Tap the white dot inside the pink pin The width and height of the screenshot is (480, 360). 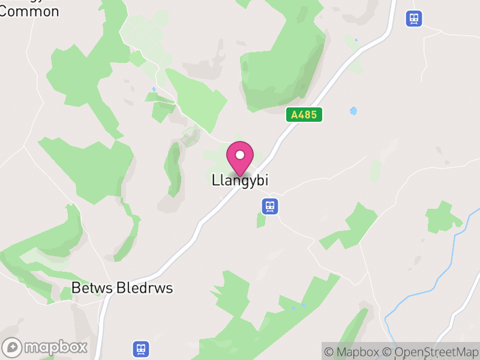(240, 155)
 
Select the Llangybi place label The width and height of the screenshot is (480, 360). (240, 180)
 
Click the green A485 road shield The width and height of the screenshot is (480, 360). (304, 115)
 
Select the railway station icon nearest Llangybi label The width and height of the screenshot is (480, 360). (271, 207)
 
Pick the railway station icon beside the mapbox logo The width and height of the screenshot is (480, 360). (141, 349)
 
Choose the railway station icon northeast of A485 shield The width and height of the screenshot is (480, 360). (413, 19)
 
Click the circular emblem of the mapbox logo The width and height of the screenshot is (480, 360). (13, 347)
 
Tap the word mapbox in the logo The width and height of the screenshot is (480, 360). (56, 347)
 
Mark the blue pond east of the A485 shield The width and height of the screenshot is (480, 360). (353, 111)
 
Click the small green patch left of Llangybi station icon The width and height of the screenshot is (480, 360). (260, 220)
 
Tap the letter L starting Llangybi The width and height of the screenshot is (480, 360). (215, 179)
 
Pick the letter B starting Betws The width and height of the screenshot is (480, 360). (76, 289)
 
